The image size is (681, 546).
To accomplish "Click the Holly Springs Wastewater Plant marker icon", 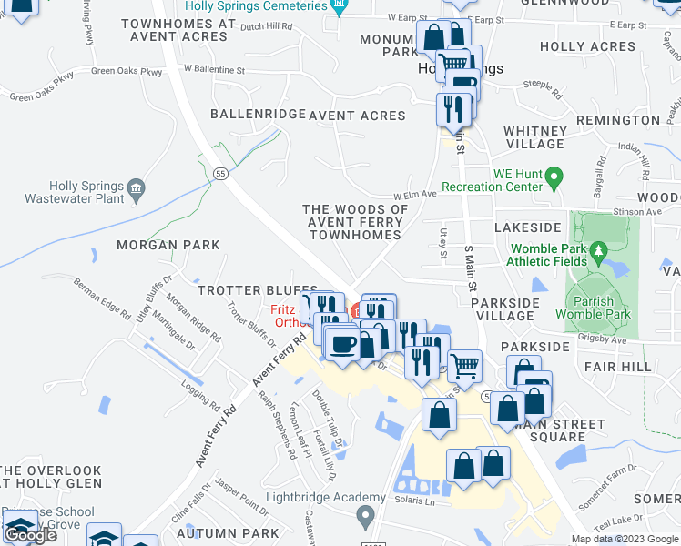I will point(137,188).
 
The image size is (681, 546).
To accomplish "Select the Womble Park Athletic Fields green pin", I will point(597,249).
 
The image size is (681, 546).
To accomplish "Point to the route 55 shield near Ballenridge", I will point(220,174).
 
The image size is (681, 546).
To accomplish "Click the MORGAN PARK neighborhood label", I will point(168,245).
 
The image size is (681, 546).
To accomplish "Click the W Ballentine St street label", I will point(214,68).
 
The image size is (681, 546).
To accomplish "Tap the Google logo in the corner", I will point(30,535).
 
